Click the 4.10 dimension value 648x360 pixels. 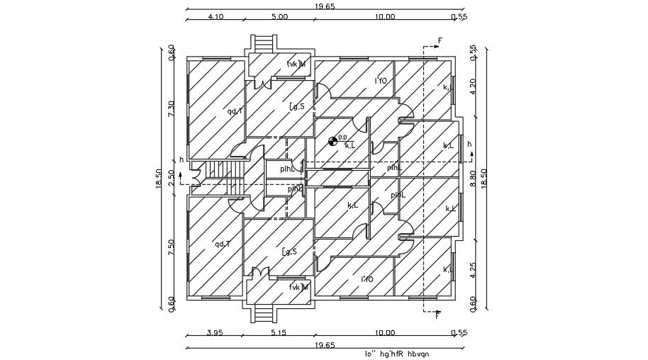pos(216,17)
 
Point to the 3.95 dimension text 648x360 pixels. pos(214,332)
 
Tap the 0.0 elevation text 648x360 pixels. pos(342,137)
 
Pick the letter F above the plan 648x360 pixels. pos(440,40)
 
